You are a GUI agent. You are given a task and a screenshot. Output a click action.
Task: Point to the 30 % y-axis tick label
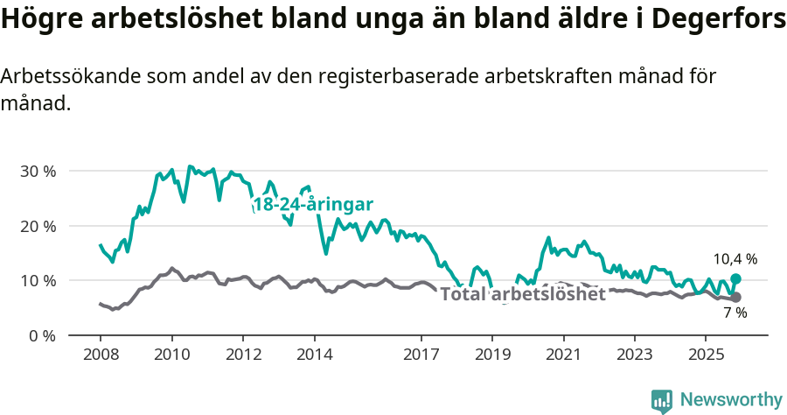click(x=38, y=171)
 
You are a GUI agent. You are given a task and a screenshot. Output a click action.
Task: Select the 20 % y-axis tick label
click(x=38, y=226)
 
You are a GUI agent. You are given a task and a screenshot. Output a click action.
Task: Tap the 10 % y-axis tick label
click(x=38, y=280)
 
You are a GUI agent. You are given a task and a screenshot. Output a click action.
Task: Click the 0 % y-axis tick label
click(x=42, y=335)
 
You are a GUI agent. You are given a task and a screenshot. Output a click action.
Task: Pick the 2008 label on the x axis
click(x=100, y=355)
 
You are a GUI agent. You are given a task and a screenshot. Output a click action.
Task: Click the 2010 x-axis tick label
click(x=171, y=355)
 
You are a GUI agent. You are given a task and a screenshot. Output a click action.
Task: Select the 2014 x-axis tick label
click(x=314, y=355)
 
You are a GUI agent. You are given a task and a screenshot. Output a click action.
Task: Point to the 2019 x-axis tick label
click(x=492, y=355)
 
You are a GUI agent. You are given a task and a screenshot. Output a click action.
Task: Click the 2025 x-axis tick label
click(x=706, y=355)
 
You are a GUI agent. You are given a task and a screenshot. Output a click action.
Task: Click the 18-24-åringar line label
click(x=313, y=205)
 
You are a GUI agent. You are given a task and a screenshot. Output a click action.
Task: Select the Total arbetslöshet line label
click(x=522, y=294)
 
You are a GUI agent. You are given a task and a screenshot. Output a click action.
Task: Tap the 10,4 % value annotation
click(x=735, y=259)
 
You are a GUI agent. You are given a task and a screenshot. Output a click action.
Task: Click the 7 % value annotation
click(x=735, y=313)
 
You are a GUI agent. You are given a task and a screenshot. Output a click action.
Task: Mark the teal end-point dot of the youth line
click(x=735, y=278)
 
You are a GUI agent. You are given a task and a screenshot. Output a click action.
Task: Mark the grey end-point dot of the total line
click(x=735, y=298)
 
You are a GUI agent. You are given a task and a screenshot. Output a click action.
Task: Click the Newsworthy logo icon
click(x=662, y=401)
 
